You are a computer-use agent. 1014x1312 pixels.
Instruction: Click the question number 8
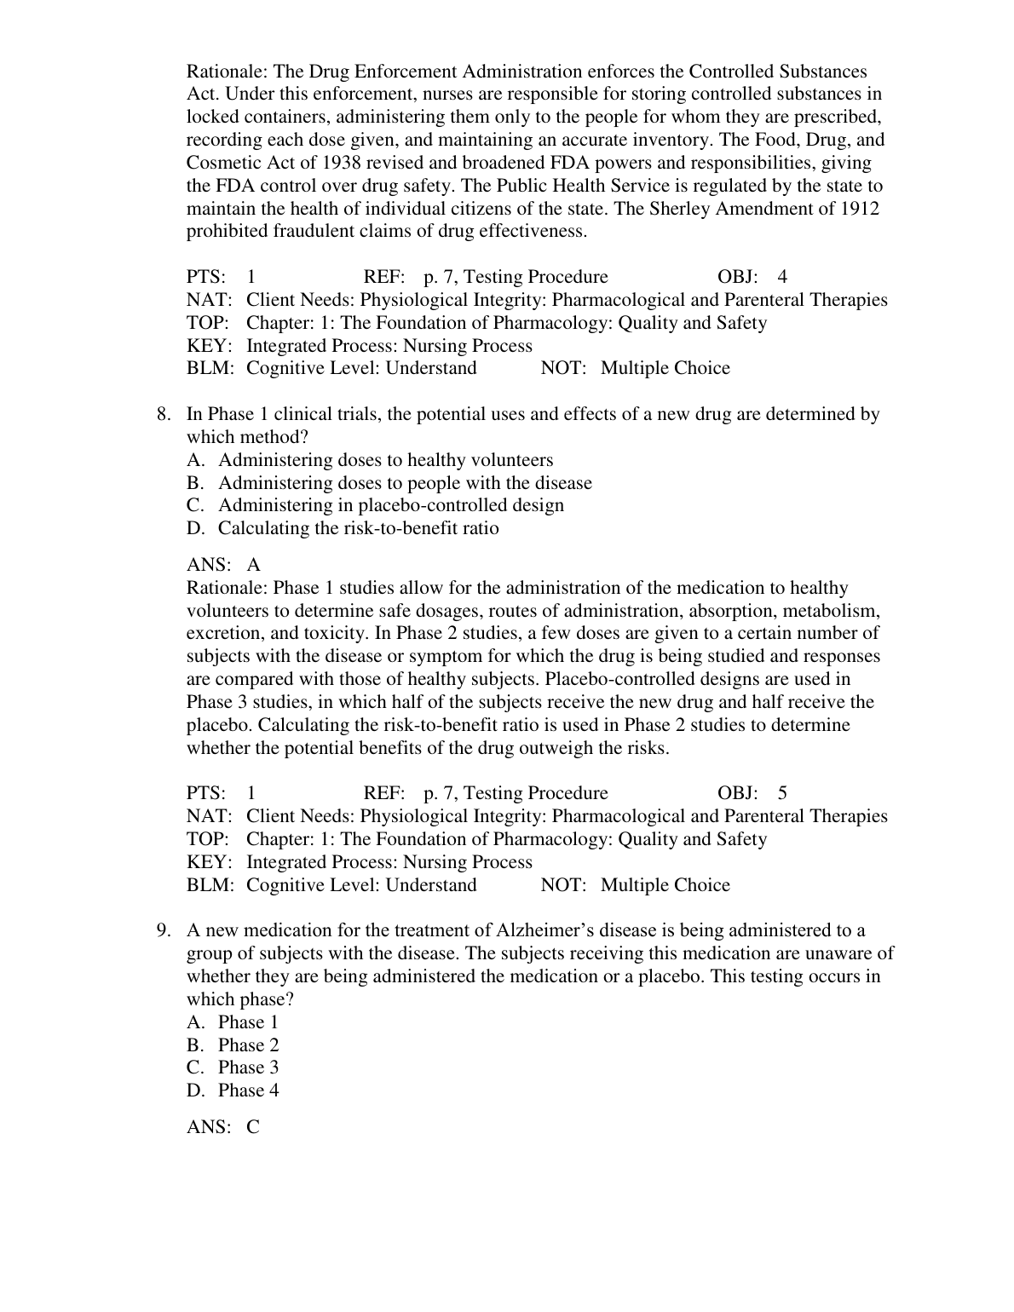(164, 415)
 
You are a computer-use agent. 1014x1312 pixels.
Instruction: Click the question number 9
(164, 931)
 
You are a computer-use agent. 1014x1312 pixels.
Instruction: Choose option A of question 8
(385, 461)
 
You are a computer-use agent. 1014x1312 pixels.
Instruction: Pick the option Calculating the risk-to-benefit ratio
(358, 528)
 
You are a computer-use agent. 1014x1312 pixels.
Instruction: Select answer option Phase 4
(248, 1091)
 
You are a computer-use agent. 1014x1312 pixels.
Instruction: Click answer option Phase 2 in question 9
(248, 1045)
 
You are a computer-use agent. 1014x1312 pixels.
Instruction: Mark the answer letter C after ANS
(253, 1128)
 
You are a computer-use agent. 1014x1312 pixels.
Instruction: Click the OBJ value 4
(782, 277)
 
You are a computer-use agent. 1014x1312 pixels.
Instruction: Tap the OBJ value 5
(782, 794)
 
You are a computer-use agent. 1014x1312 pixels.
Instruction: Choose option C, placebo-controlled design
(390, 506)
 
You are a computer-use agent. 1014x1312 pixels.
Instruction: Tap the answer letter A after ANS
(254, 566)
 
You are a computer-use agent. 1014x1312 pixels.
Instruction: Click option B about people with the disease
(405, 484)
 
